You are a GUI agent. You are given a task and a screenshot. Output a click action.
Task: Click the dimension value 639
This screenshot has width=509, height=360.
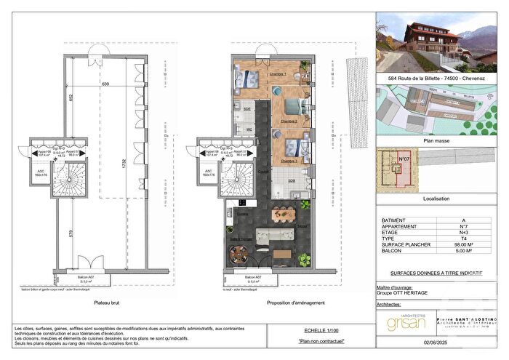105,85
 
